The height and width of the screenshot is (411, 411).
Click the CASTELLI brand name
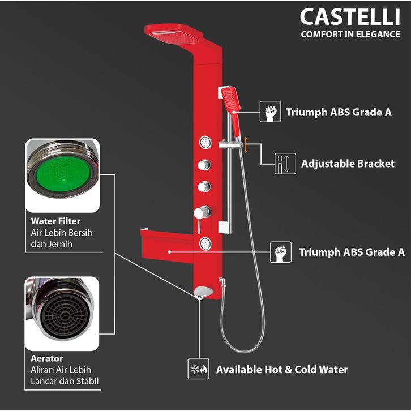click(x=349, y=17)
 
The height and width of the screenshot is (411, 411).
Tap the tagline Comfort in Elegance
click(x=350, y=34)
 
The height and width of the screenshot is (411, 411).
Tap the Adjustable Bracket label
click(x=348, y=164)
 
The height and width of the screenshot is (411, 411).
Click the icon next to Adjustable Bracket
click(x=285, y=163)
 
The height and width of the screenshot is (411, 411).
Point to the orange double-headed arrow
click(x=246, y=145)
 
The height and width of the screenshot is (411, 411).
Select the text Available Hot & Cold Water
click(x=282, y=370)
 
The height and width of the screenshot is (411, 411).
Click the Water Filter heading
click(x=56, y=221)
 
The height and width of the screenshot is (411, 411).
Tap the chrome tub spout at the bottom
click(x=202, y=293)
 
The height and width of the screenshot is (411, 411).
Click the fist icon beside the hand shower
click(x=270, y=112)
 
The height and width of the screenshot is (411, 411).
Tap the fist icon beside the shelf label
click(x=281, y=252)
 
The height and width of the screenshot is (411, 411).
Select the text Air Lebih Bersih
click(x=59, y=233)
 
